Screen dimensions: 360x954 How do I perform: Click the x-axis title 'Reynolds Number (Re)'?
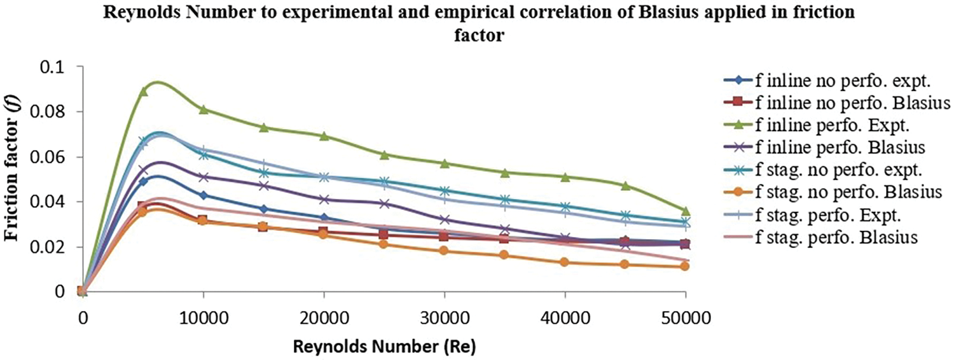tap(384, 347)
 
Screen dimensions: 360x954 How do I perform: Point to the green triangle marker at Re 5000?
tap(143, 91)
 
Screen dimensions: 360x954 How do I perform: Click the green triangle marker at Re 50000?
tap(685, 211)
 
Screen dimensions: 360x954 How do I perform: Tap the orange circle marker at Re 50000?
tap(685, 266)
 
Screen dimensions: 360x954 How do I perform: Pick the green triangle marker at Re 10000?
tap(203, 109)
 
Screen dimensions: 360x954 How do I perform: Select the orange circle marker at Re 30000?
tap(444, 251)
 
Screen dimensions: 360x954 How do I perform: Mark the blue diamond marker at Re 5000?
tap(143, 181)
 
